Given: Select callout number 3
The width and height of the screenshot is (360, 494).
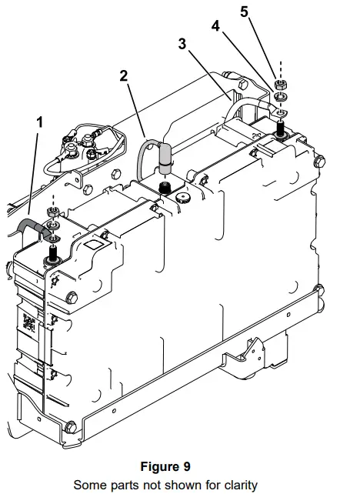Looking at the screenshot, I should click(182, 44).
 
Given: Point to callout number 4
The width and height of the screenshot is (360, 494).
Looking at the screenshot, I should click(216, 27).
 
